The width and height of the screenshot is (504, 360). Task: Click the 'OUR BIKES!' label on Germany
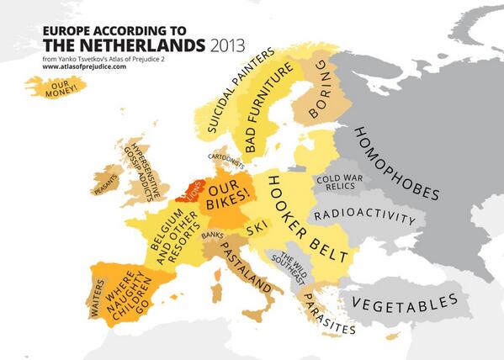230,195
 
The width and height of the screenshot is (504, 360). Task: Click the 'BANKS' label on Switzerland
212,235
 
